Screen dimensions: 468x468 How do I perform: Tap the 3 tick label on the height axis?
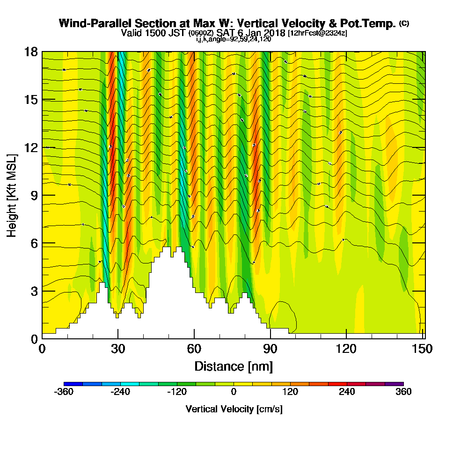(34, 291)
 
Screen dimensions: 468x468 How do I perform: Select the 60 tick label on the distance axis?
(194, 349)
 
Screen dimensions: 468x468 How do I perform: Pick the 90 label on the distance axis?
(270, 349)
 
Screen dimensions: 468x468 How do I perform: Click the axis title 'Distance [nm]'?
(234, 366)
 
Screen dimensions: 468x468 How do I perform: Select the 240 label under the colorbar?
(347, 392)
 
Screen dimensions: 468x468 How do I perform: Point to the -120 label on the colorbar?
(176, 392)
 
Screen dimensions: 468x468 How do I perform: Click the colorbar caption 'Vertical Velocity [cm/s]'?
(234, 409)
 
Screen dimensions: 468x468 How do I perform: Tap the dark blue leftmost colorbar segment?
(73, 384)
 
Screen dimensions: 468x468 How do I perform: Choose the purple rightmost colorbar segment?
(394, 384)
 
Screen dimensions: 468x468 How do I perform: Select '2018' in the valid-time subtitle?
(273, 33)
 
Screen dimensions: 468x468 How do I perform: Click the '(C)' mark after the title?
(404, 23)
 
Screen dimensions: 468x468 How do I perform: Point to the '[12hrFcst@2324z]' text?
(317, 33)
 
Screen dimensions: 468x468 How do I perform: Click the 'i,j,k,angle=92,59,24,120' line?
(234, 39)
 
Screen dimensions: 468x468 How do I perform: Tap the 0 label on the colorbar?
(234, 392)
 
